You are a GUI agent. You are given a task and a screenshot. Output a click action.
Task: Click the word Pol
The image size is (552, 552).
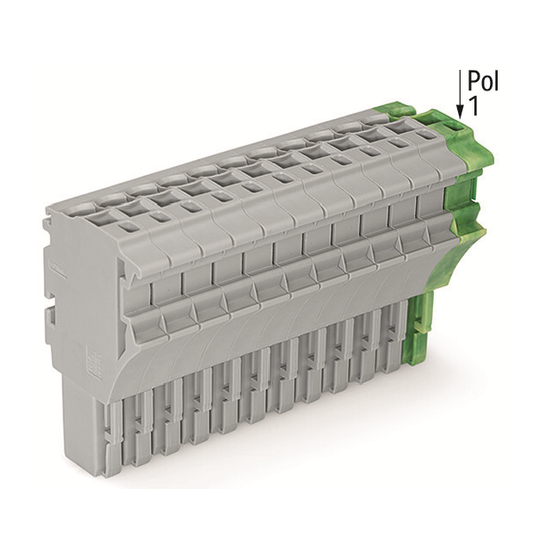click(x=483, y=82)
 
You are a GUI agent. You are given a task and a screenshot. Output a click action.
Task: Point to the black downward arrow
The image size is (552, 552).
click(x=460, y=95)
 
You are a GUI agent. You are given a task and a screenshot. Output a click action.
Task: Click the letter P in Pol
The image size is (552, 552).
click(x=474, y=82)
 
